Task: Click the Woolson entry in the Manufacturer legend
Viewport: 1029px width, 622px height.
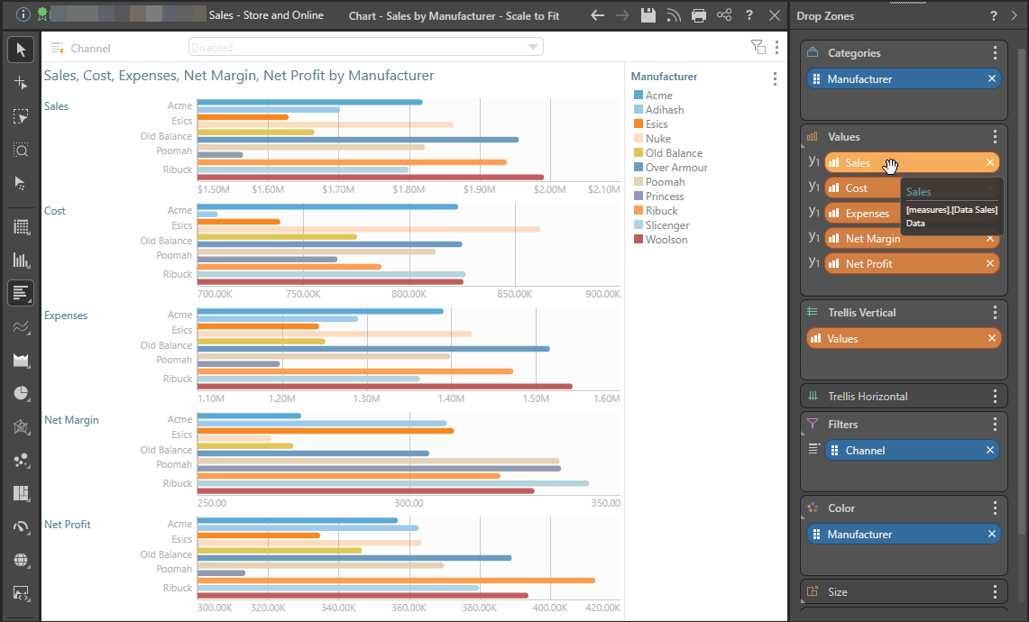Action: click(666, 240)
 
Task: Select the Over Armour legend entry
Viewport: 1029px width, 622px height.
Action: click(675, 168)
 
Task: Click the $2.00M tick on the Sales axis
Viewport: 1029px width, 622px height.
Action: click(549, 190)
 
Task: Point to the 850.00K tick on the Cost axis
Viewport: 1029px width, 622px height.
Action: click(515, 295)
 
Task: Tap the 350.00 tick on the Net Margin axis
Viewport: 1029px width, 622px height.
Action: click(603, 504)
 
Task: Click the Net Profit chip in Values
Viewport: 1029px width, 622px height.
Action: click(902, 264)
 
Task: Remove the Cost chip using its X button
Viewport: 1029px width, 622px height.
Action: click(990, 188)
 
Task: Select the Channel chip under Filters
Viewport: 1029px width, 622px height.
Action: click(902, 451)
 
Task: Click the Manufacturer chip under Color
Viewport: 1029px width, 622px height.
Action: click(902, 535)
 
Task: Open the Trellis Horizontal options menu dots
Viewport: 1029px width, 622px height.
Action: click(995, 397)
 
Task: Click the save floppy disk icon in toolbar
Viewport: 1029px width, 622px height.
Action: click(648, 15)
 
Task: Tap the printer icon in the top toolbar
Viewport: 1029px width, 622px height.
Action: click(699, 15)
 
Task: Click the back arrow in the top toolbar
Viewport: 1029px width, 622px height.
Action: click(597, 15)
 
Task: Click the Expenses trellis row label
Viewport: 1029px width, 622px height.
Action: click(65, 316)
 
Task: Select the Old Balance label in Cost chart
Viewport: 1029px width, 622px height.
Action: click(166, 241)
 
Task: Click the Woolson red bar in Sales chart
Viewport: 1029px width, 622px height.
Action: click(370, 178)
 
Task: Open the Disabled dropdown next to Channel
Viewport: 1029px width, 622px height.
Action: click(365, 47)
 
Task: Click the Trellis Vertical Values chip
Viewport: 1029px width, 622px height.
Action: click(902, 339)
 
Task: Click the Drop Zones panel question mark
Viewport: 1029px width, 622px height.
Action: click(994, 16)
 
